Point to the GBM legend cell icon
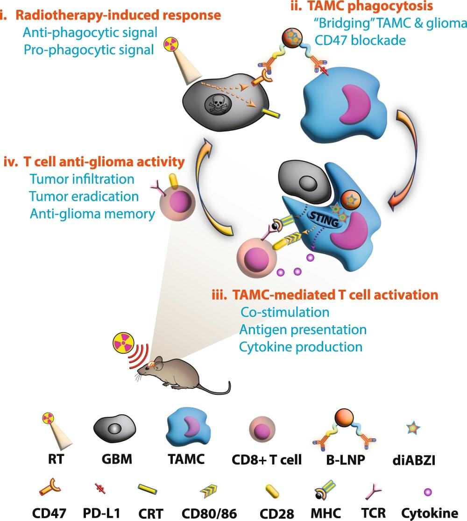[114, 428]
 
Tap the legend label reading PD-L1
[102, 513]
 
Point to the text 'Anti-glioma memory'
[92, 214]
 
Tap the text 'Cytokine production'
[301, 347]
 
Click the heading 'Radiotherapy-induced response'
[118, 15]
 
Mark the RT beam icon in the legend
[56, 430]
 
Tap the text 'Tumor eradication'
[84, 196]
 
